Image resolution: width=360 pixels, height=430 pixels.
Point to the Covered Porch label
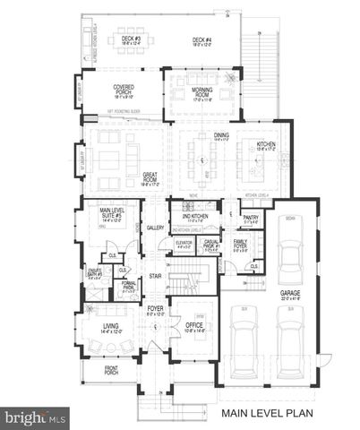tap(124, 90)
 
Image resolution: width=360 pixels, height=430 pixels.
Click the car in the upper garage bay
tap(291, 254)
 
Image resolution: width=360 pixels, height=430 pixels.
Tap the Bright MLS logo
tap(36, 417)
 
